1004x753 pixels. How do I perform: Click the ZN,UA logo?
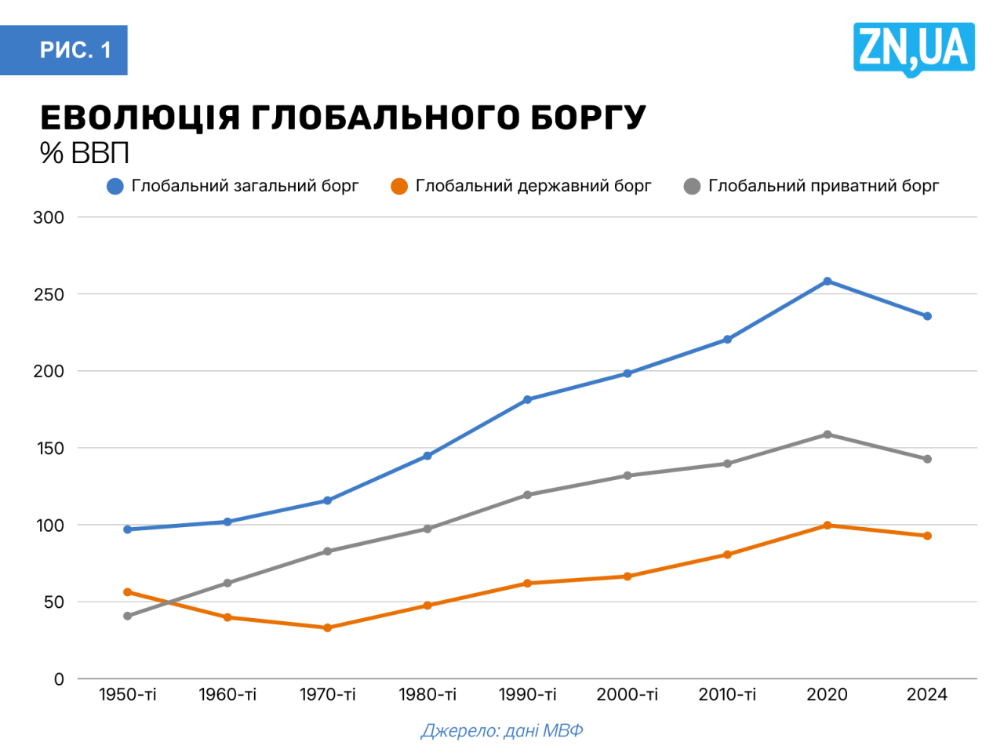(x=914, y=49)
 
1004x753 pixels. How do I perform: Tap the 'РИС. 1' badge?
(x=75, y=50)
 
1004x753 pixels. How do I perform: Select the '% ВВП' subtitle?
(x=84, y=153)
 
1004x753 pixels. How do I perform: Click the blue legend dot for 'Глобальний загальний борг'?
(x=115, y=187)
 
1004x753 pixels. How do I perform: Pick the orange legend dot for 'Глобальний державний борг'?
(x=399, y=187)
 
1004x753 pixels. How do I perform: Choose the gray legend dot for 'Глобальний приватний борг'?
(x=692, y=187)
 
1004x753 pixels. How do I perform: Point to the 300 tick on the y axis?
(x=49, y=217)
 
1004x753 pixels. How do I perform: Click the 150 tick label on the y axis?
(x=49, y=449)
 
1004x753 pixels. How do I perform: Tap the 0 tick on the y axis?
(x=59, y=679)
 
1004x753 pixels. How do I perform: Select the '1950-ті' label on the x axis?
(x=127, y=695)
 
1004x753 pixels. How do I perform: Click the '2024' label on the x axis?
(x=927, y=695)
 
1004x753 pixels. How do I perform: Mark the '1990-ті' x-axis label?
(x=527, y=695)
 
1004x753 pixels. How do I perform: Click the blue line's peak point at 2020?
(x=828, y=281)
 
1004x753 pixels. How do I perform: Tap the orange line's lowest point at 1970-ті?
(x=327, y=627)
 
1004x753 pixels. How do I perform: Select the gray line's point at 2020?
(x=828, y=434)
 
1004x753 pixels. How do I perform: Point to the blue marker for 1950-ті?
(x=127, y=529)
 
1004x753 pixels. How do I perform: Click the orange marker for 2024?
(x=927, y=536)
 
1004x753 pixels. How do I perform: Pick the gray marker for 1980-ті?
(x=427, y=529)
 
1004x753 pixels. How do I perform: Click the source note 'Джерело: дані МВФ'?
(x=502, y=731)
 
